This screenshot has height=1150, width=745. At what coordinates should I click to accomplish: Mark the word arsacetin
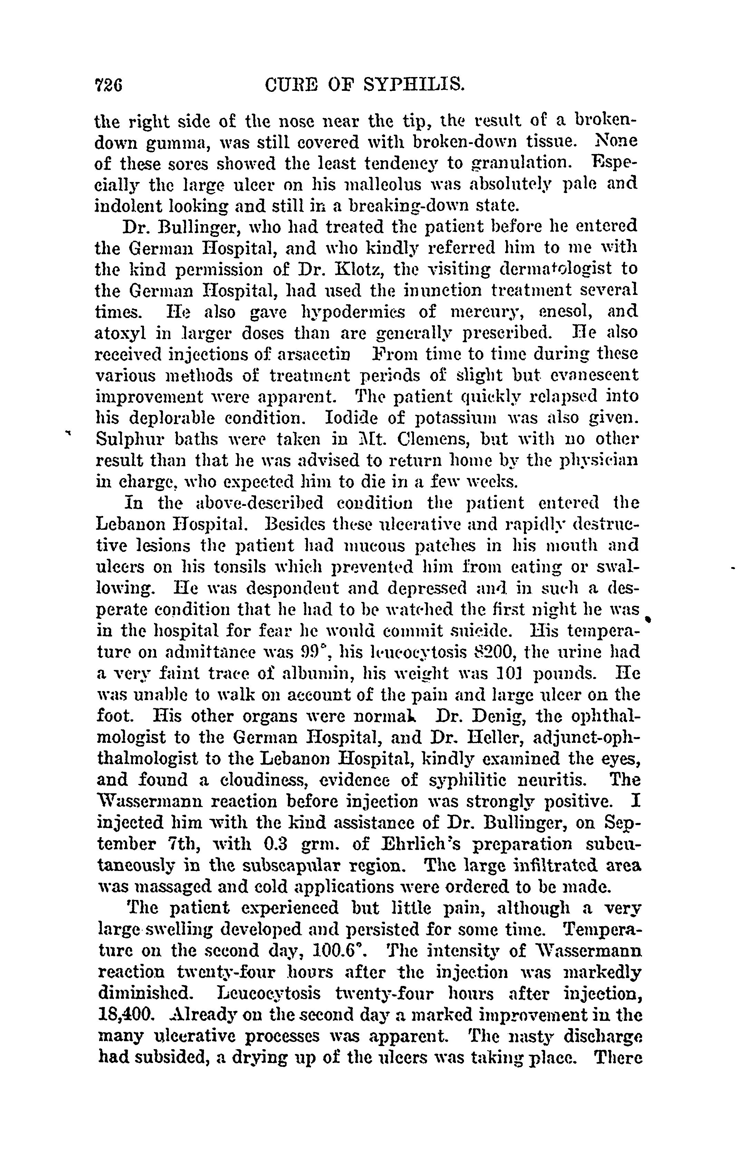(x=309, y=354)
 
